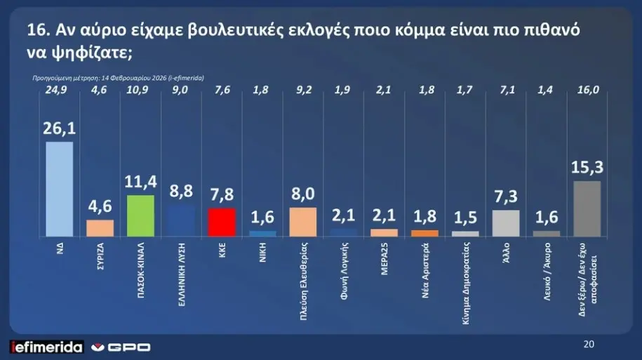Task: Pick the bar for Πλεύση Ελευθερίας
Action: pyautogui.click(x=303, y=221)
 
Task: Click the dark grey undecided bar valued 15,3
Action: pyautogui.click(x=587, y=208)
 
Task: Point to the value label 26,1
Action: pyautogui.click(x=59, y=128)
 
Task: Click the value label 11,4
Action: pyautogui.click(x=140, y=182)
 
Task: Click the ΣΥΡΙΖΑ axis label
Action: pyautogui.click(x=100, y=260)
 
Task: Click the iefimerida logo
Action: pyautogui.click(x=46, y=347)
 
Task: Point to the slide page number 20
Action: pyautogui.click(x=589, y=345)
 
